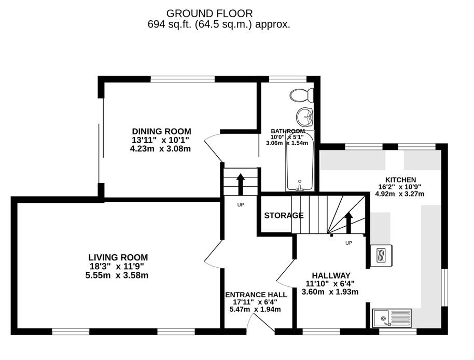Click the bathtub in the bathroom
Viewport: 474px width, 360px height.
click(300, 162)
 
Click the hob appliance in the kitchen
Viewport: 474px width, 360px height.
click(383, 255)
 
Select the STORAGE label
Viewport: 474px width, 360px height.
click(284, 215)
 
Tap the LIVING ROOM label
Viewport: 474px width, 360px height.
click(118, 257)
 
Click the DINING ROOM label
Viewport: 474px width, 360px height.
click(161, 131)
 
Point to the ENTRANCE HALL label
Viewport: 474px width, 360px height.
click(256, 295)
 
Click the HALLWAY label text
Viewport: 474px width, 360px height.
click(331, 275)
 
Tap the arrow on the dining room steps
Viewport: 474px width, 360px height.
click(241, 183)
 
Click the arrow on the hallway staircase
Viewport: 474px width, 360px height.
click(348, 221)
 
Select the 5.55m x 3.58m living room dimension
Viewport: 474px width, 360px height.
click(118, 275)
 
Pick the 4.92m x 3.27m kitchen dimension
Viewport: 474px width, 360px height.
click(399, 194)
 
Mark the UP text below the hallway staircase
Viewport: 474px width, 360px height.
click(348, 242)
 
